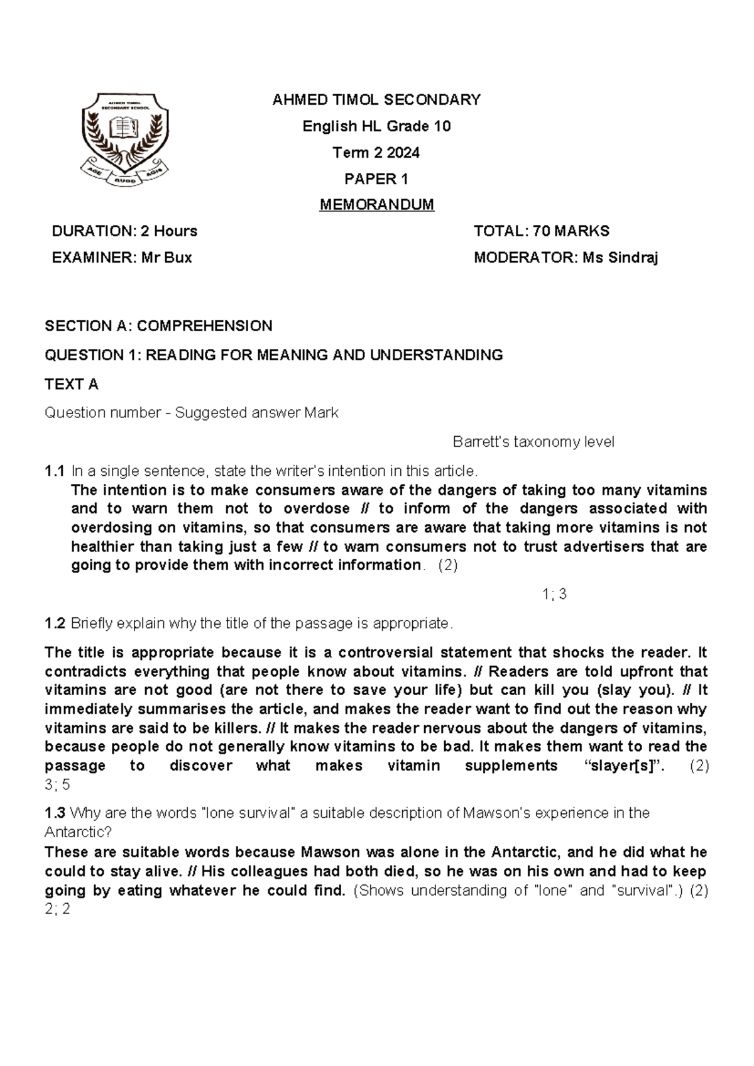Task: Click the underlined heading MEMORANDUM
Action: point(377,205)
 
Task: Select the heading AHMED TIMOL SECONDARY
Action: point(376,99)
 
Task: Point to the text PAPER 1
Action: point(376,179)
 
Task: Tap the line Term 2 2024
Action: point(376,153)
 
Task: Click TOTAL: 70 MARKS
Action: point(542,231)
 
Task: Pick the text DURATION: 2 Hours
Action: point(124,231)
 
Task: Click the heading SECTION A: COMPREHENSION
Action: point(158,326)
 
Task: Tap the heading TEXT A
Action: point(72,384)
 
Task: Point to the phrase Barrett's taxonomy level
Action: point(533,442)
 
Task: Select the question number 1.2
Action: point(55,624)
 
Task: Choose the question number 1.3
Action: point(55,813)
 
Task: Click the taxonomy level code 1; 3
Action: point(554,594)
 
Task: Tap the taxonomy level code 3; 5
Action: point(58,784)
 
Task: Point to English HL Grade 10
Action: point(376,126)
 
